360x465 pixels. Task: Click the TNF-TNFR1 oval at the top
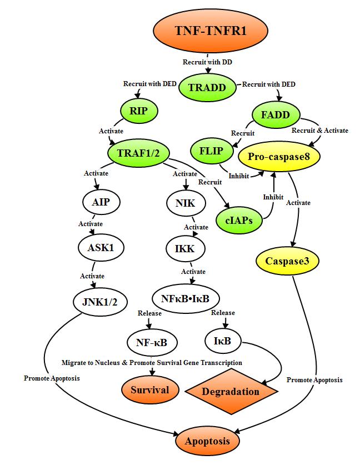208,31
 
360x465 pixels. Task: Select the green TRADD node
208,87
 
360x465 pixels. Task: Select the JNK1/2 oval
100,302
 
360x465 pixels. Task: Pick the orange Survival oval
150,389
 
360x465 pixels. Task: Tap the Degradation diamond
231,391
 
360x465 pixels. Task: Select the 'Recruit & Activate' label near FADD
320,131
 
